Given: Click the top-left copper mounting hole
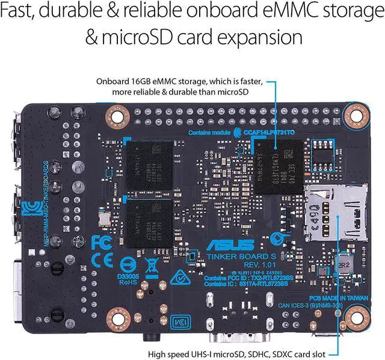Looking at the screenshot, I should [x=115, y=114].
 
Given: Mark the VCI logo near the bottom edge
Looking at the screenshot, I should [x=177, y=321].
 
